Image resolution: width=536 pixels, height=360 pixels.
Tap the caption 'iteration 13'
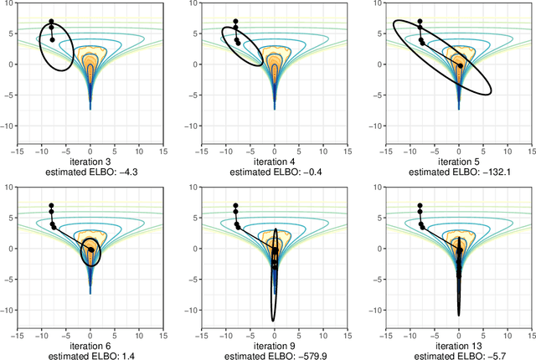point(458,344)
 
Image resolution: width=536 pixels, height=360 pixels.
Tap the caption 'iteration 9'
point(275,344)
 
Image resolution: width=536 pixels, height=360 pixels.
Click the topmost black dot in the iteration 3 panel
point(51,22)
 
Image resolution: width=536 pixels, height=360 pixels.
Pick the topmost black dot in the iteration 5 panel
point(420,22)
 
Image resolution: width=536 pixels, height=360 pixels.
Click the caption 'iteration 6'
point(90,344)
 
